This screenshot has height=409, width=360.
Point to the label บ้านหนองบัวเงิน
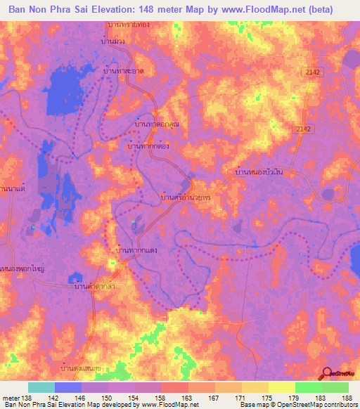tap(260, 171)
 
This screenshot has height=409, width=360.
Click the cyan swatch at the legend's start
tap(41, 387)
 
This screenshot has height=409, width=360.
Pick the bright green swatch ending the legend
tap(335, 387)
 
